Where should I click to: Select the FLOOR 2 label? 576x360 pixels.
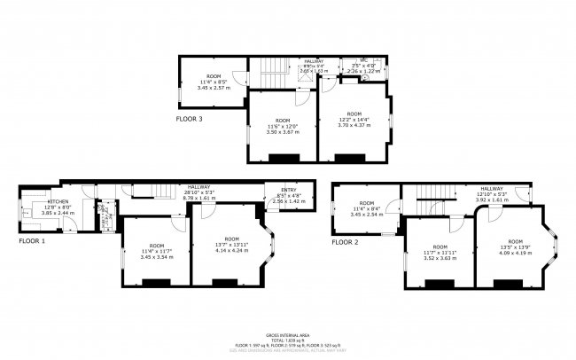[x=346, y=240]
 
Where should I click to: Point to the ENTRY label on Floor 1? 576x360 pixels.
[x=288, y=191]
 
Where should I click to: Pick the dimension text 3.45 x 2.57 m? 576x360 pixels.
[x=213, y=89]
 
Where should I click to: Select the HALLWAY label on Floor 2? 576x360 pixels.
[x=493, y=189]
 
